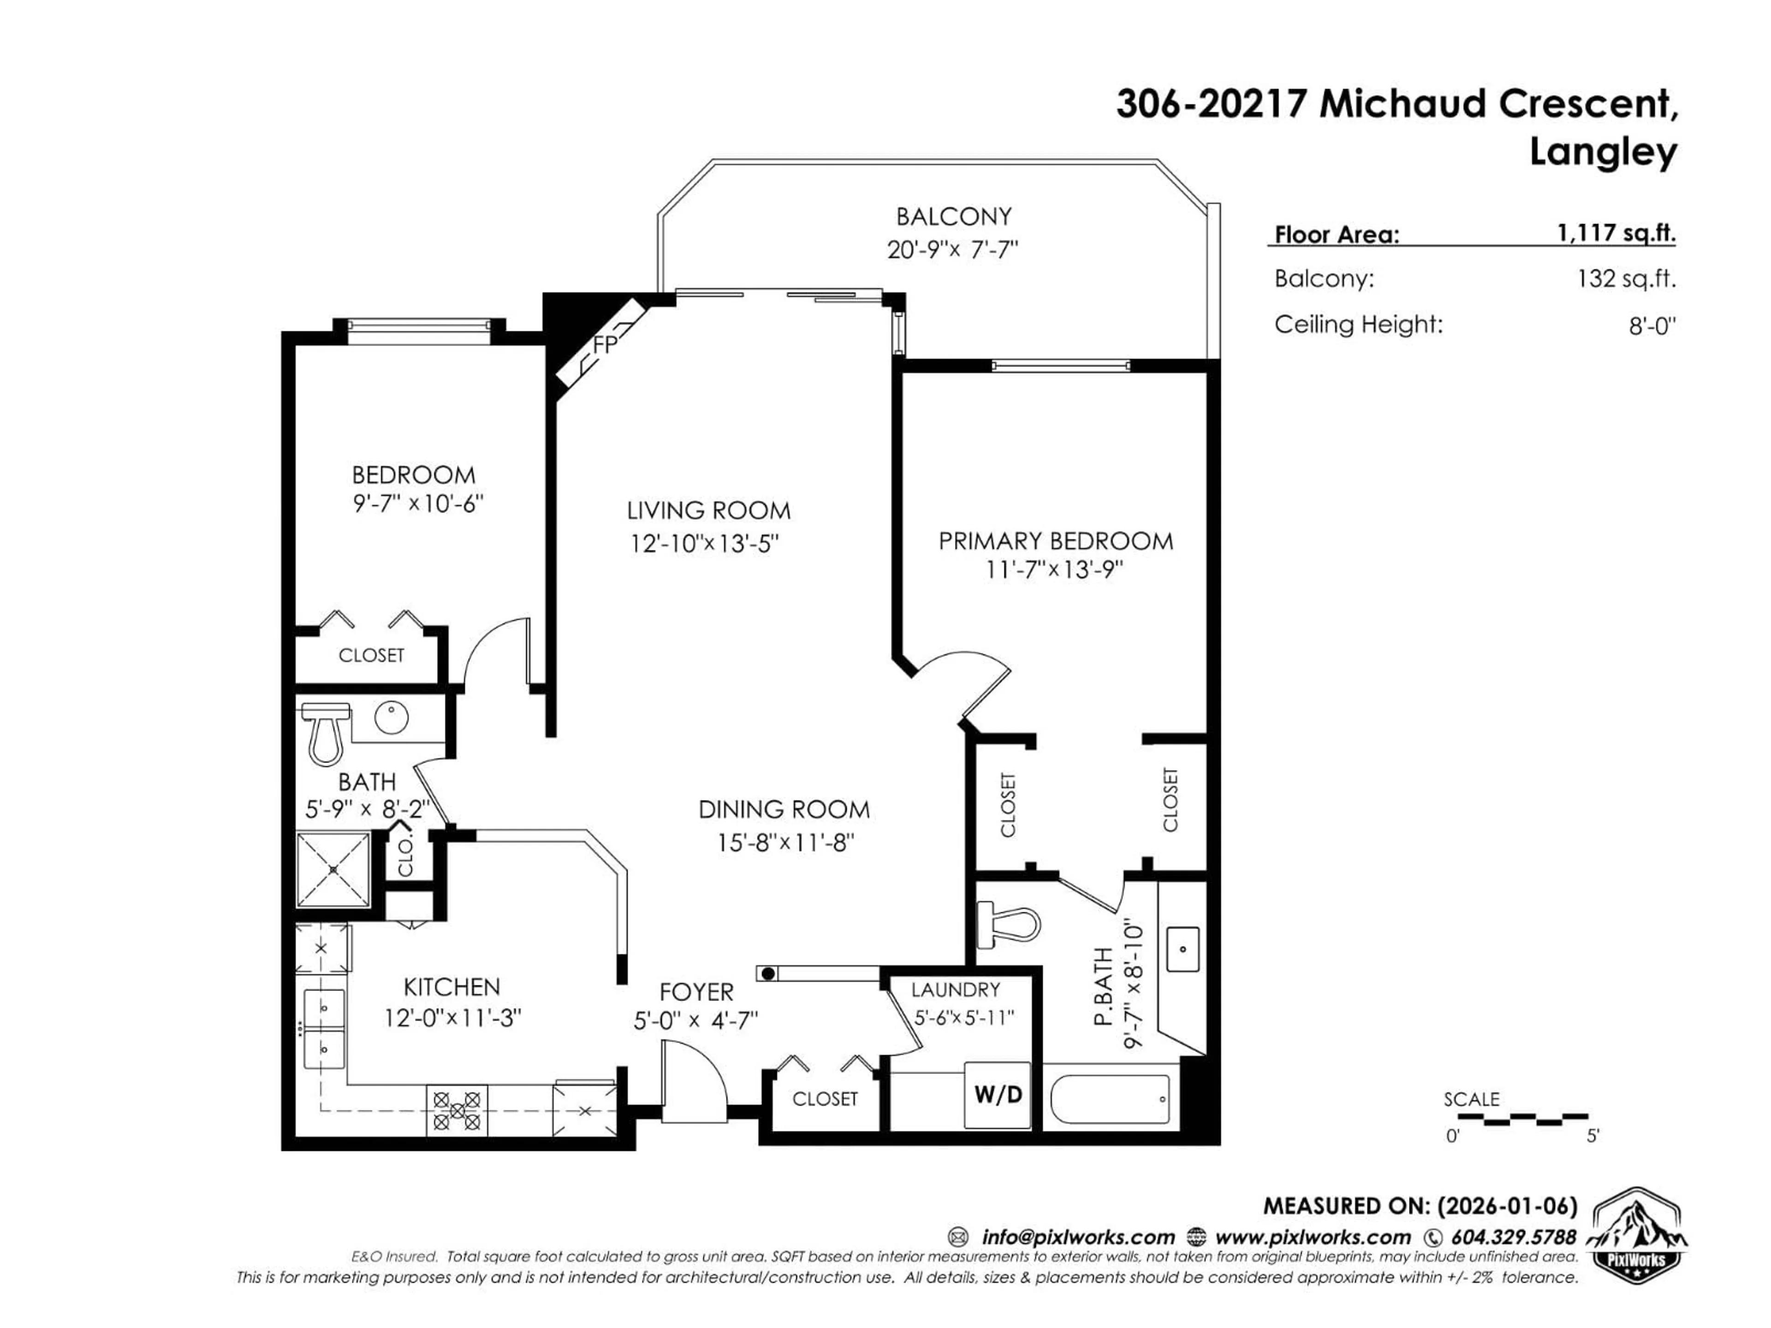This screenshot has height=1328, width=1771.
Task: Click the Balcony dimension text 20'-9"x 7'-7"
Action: (952, 250)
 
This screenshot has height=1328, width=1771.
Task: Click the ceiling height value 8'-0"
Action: (1651, 326)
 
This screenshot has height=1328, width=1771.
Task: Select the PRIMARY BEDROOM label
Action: (1055, 541)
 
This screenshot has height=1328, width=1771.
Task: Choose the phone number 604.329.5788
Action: (1513, 1237)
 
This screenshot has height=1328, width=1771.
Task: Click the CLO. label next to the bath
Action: (406, 857)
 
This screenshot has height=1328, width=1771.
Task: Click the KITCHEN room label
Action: (452, 986)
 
